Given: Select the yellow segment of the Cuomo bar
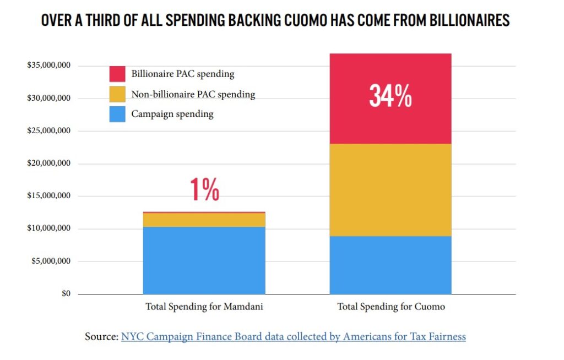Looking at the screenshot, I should pyautogui.click(x=390, y=190).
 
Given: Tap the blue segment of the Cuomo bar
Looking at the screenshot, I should pyautogui.click(x=390, y=265).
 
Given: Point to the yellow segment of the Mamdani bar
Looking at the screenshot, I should pyautogui.click(x=204, y=220).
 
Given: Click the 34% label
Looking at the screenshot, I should pyautogui.click(x=390, y=96).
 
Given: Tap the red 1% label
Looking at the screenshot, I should pyautogui.click(x=204, y=190).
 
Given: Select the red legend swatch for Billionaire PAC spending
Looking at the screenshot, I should pyautogui.click(x=117, y=74).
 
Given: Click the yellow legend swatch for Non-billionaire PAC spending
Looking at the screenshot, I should pyautogui.click(x=117, y=94).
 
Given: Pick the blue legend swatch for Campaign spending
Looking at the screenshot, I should pyautogui.click(x=117, y=114).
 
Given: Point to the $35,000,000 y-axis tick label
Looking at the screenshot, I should pyautogui.click(x=48, y=66).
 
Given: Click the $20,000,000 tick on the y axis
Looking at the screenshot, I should pyautogui.click(x=48, y=163).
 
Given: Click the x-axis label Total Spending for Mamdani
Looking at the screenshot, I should pyautogui.click(x=204, y=307).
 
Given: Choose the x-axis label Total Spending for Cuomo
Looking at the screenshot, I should pyautogui.click(x=391, y=307).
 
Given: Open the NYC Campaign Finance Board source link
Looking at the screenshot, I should pyautogui.click(x=293, y=336).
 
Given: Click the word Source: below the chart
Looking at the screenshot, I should pyautogui.click(x=101, y=336).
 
